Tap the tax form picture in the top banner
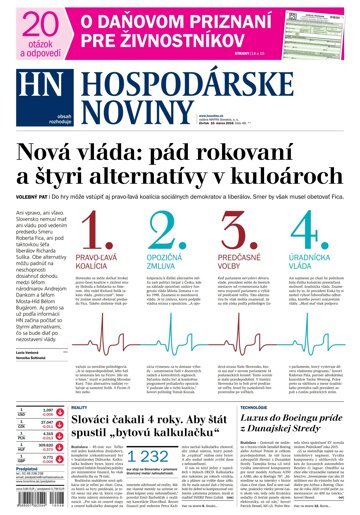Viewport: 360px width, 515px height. [315, 26]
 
